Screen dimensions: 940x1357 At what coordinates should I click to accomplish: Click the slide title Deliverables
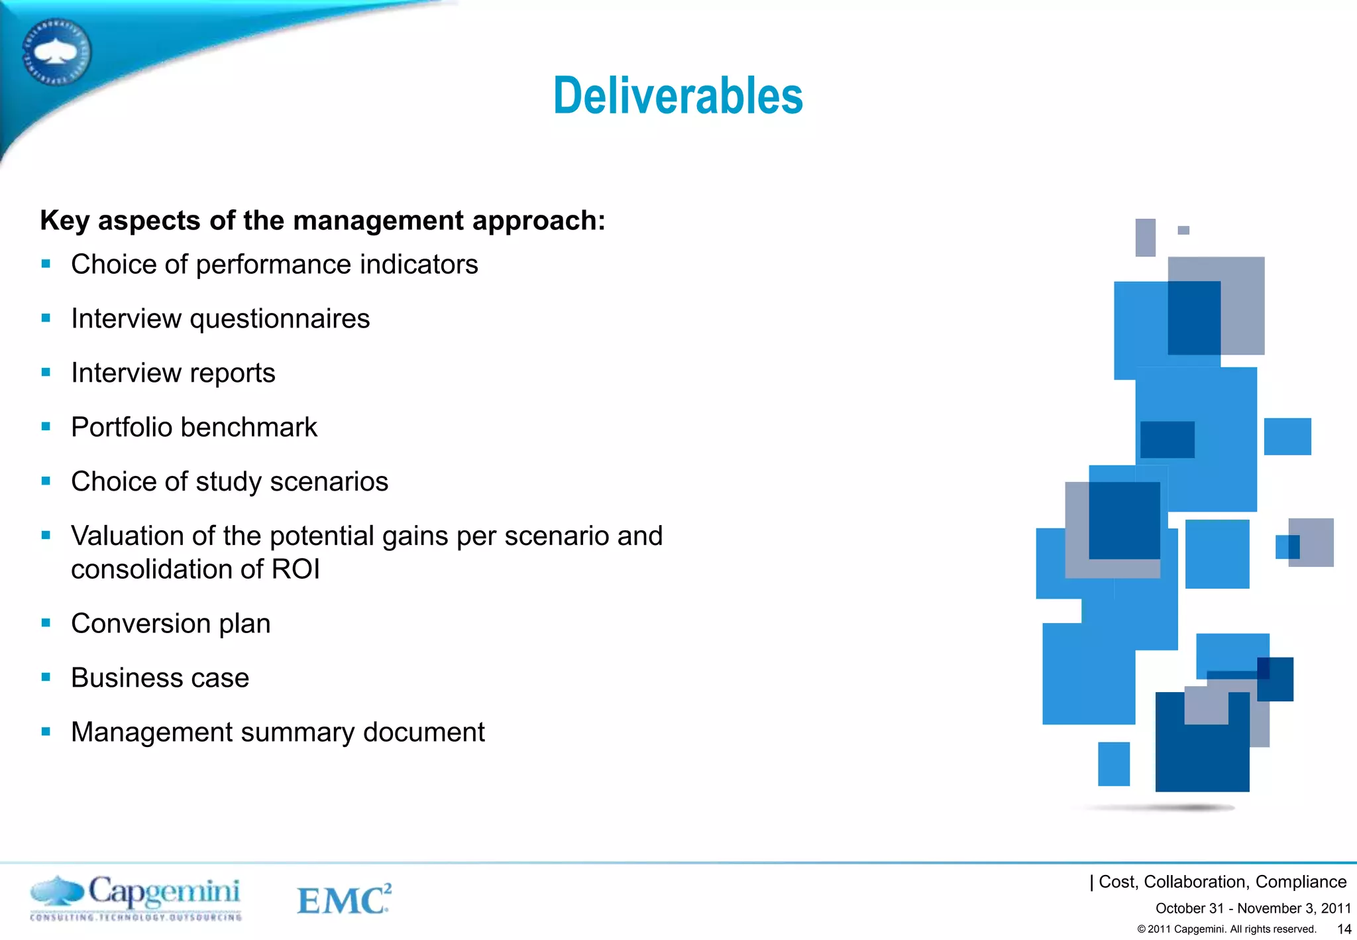(678, 96)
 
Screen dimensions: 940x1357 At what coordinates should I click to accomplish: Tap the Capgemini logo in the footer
(136, 897)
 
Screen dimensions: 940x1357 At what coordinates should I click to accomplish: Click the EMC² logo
(343, 899)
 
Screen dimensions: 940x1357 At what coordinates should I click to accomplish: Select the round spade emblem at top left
(57, 52)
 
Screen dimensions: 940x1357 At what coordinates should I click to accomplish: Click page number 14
(1344, 929)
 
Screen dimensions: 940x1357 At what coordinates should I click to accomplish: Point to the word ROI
(296, 569)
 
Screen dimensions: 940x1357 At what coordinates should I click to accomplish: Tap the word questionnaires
(280, 320)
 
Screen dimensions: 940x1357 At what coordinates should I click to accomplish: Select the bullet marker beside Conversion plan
(46, 623)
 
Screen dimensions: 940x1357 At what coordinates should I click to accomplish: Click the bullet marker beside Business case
(46, 677)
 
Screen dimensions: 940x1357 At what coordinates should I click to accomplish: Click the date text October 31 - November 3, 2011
(1252, 908)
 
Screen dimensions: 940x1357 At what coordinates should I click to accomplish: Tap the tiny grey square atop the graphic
(1183, 230)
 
